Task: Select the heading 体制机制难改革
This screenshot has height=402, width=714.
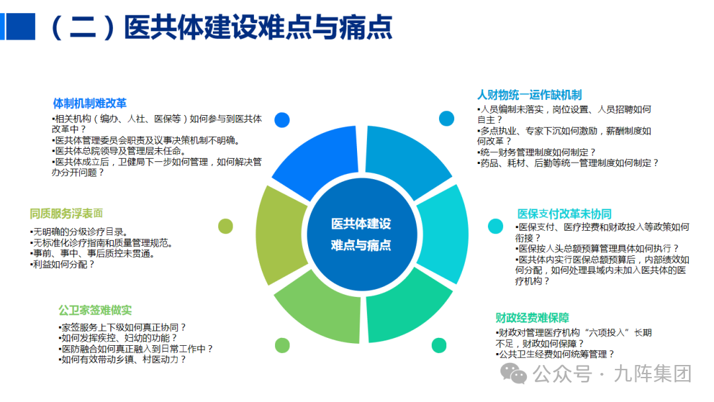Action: click(x=89, y=103)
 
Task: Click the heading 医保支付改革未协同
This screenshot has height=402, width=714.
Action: click(x=564, y=214)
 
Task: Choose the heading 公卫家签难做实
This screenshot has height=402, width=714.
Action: click(x=95, y=310)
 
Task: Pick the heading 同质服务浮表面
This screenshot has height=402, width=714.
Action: click(x=66, y=214)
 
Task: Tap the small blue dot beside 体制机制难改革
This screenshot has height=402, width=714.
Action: click(x=282, y=120)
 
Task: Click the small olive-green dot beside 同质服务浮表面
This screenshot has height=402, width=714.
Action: click(x=225, y=226)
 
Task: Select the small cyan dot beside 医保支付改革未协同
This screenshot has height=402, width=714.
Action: click(x=495, y=226)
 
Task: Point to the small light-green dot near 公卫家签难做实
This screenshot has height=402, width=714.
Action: click(x=282, y=345)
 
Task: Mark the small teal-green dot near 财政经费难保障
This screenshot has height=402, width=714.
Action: click(x=439, y=345)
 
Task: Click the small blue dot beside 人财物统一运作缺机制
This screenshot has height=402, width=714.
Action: click(x=447, y=118)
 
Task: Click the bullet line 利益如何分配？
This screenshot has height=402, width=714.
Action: click(x=63, y=264)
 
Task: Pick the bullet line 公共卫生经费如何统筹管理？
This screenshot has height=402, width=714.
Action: click(x=556, y=354)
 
